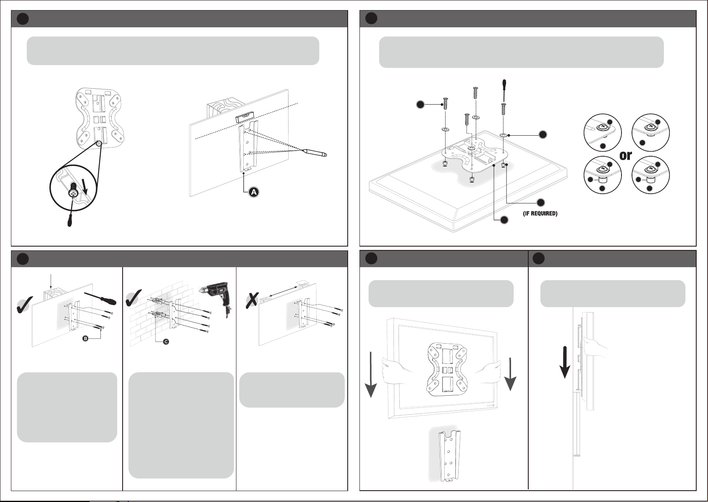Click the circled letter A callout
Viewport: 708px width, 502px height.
(253, 192)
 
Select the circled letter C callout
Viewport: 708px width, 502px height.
(166, 342)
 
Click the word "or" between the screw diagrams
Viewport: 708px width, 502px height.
(626, 155)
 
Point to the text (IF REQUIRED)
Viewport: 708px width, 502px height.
(540, 214)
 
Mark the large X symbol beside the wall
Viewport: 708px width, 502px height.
(252, 299)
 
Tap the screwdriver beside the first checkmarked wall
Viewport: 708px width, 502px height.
(100, 298)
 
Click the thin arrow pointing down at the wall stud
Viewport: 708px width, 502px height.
(50, 281)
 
